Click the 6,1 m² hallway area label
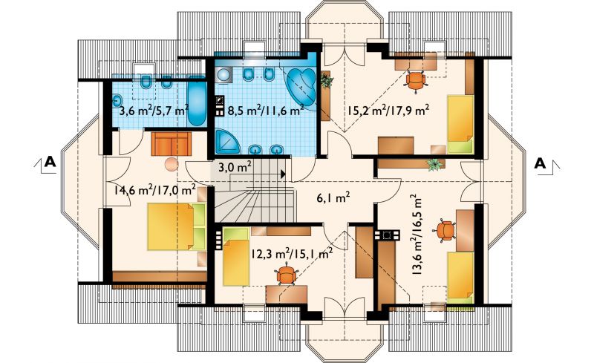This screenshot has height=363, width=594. click(333, 197)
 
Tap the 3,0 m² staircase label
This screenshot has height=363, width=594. click(235, 167)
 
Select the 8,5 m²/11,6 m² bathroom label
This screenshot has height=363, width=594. click(266, 111)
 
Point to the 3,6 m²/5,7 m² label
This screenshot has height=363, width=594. click(154, 111)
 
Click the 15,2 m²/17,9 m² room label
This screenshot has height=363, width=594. click(388, 111)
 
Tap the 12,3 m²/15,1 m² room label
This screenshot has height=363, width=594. click(292, 253)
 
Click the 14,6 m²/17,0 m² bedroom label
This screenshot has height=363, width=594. click(154, 189)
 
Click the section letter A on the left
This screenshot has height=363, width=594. click(50, 162)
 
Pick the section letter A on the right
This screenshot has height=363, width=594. click(541, 163)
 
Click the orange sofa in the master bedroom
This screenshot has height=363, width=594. click(172, 144)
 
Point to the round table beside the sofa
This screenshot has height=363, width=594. click(172, 164)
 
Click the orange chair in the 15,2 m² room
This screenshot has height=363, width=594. click(416, 80)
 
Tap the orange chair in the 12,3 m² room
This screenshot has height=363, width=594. click(286, 275)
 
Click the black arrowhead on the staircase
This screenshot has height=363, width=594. click(283, 174)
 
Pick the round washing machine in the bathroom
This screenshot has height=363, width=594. click(224, 75)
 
